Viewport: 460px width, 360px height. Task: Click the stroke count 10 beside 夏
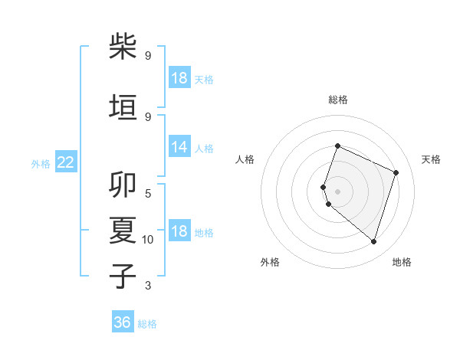pyautogui.click(x=148, y=240)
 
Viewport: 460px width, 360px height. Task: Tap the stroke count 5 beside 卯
pyautogui.click(x=148, y=193)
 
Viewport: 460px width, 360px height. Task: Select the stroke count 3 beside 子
pyautogui.click(x=148, y=286)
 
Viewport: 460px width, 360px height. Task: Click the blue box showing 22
pyautogui.click(x=65, y=162)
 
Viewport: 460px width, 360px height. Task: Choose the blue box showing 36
pyautogui.click(x=123, y=322)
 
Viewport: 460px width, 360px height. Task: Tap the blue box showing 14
pyautogui.click(x=179, y=147)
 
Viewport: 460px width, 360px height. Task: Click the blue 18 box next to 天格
pyautogui.click(x=179, y=78)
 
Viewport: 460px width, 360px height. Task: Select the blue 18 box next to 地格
pyautogui.click(x=179, y=231)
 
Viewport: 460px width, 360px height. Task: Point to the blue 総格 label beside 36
pyautogui.click(x=147, y=324)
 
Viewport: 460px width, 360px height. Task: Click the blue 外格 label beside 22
pyautogui.click(x=41, y=163)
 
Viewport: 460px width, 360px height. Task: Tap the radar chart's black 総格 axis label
pyautogui.click(x=338, y=100)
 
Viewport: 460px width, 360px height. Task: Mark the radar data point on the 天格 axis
pyautogui.click(x=396, y=172)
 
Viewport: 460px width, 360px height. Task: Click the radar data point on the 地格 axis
pyautogui.click(x=373, y=241)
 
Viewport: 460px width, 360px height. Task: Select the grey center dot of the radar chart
pyautogui.click(x=338, y=191)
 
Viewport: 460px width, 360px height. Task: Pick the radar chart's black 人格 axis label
pyautogui.click(x=245, y=159)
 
